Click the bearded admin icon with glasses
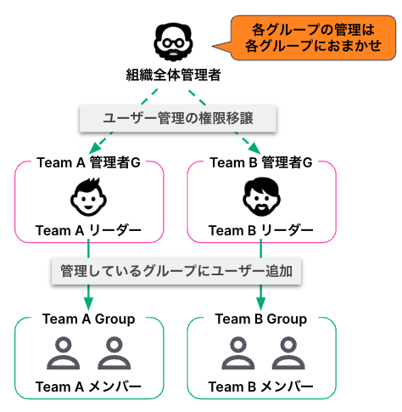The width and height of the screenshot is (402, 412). [x=173, y=42]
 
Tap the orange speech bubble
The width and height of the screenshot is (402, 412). [x=313, y=38]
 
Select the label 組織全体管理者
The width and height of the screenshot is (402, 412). [x=173, y=75]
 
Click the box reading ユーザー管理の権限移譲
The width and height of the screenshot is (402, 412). [x=178, y=118]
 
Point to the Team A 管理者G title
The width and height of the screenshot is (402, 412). [x=88, y=162]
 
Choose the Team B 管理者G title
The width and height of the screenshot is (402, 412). [x=261, y=162]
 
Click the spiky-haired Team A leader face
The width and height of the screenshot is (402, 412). [x=88, y=197]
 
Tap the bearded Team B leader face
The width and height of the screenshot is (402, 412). [x=261, y=197]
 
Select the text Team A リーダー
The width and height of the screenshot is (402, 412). [x=88, y=230]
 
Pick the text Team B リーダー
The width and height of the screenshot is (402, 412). [x=261, y=230]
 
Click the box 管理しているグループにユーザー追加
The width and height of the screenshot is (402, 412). [x=176, y=271]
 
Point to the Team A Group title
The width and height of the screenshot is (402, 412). [x=89, y=319]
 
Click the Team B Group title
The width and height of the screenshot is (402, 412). [x=261, y=319]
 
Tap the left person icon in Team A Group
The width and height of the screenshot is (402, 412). [x=64, y=353]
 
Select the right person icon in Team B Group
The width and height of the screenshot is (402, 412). [x=288, y=353]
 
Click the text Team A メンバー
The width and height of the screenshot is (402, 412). [x=88, y=387]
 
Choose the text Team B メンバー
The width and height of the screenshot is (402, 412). [x=261, y=387]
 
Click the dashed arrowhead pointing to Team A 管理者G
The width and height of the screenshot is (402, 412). [x=95, y=148]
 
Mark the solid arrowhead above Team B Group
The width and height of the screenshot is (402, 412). [x=261, y=304]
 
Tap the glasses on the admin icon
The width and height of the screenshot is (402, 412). [x=173, y=43]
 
